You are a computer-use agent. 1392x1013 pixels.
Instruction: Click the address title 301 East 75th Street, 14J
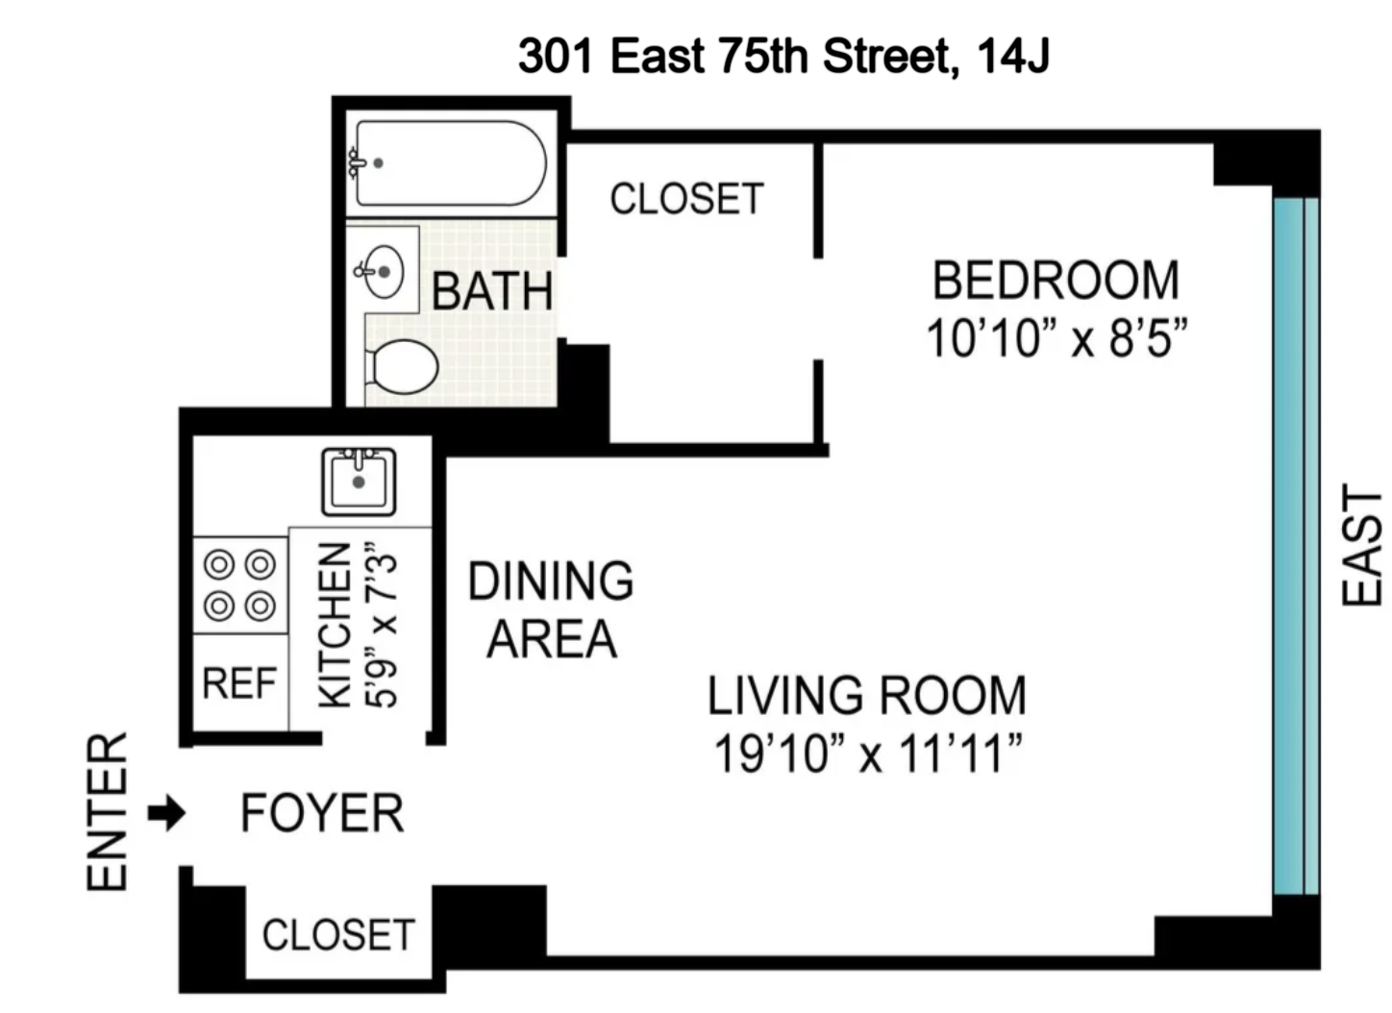(x=783, y=56)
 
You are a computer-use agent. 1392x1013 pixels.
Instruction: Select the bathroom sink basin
(x=384, y=271)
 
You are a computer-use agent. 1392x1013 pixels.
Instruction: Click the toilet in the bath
(x=403, y=366)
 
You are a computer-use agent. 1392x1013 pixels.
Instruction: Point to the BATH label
(x=491, y=291)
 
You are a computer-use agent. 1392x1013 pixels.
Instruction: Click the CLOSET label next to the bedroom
(x=686, y=199)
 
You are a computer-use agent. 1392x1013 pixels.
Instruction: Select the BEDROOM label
(x=1056, y=281)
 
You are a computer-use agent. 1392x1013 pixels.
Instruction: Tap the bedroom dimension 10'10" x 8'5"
(x=1056, y=338)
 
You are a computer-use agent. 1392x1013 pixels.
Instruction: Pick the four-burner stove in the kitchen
(x=240, y=584)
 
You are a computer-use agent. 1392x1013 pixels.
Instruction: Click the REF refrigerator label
(x=239, y=683)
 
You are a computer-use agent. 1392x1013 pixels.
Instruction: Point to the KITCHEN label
(x=334, y=626)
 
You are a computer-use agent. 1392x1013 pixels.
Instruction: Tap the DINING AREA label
(x=551, y=610)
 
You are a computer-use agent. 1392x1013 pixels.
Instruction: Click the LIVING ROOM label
(x=866, y=696)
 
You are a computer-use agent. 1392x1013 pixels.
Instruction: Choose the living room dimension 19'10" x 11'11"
(x=866, y=754)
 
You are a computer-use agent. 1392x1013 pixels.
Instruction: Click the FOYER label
(x=322, y=814)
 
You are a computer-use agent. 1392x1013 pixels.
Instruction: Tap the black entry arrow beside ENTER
(x=166, y=814)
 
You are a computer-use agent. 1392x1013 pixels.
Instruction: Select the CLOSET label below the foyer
(x=338, y=934)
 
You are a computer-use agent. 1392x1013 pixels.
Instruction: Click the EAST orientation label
(x=1361, y=545)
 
